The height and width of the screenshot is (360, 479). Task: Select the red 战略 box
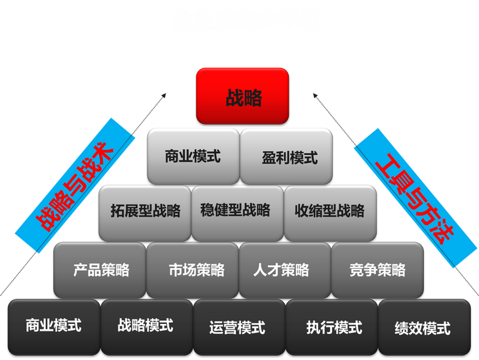[x=243, y=96]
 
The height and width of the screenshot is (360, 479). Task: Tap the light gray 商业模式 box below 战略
[x=193, y=156]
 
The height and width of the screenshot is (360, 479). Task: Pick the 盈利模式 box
[x=287, y=156]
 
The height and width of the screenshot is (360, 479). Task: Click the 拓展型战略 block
[x=144, y=212]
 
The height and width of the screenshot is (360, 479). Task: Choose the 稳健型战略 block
[x=237, y=212]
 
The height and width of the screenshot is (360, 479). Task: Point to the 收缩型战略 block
[x=329, y=212]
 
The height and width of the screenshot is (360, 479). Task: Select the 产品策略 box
[x=100, y=270]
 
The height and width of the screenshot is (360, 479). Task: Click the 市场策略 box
[x=192, y=270]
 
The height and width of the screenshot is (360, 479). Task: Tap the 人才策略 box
[x=285, y=270]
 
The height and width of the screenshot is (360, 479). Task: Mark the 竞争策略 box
[x=377, y=270]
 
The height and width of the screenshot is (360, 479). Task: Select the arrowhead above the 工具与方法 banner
[x=319, y=98]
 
